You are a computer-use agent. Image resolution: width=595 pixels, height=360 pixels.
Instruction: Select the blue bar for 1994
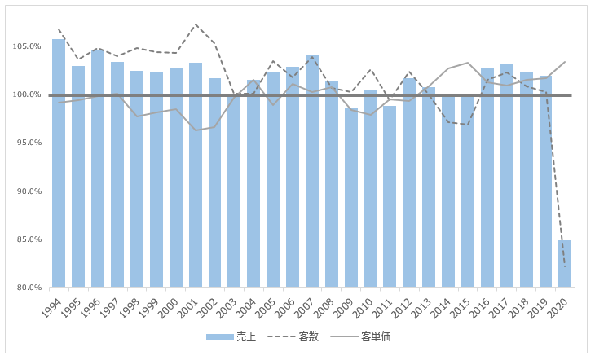pyautogui.click(x=59, y=163)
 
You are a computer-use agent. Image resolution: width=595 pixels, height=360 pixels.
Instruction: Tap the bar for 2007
pyautogui.click(x=312, y=171)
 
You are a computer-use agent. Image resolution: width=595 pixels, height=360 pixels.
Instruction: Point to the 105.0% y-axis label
pyautogui.click(x=27, y=46)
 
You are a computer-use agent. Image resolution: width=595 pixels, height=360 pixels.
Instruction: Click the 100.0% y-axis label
pyautogui.click(x=27, y=94)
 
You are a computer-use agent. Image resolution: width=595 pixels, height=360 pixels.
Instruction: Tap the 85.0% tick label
pyautogui.click(x=27, y=239)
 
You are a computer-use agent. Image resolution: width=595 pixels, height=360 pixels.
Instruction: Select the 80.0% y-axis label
pyautogui.click(x=27, y=288)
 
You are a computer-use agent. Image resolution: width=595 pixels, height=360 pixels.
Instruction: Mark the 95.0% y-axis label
pyautogui.click(x=27, y=143)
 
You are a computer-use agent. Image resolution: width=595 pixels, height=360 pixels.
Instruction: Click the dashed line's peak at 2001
pyautogui.click(x=196, y=24)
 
